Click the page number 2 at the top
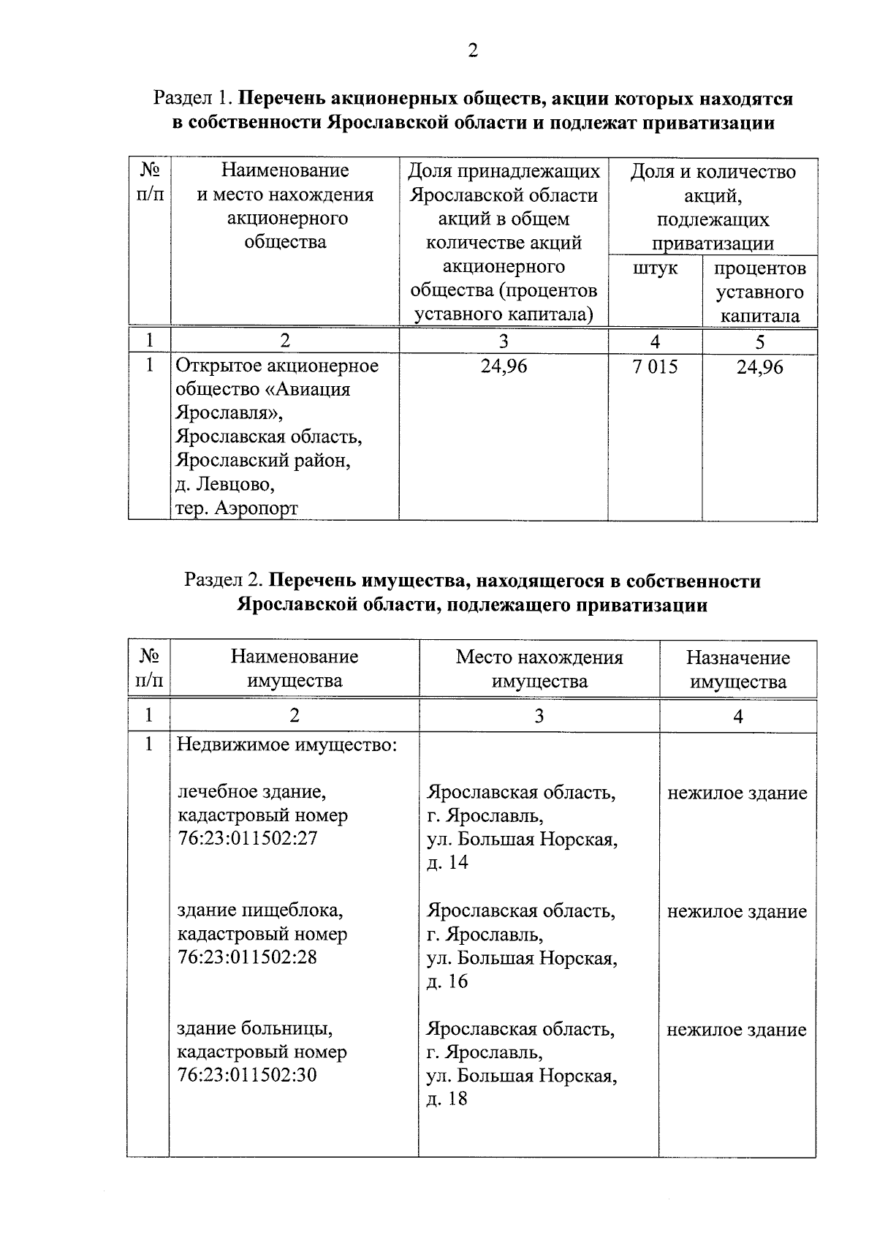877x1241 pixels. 473,50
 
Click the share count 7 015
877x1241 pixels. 655,366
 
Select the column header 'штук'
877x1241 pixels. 655,268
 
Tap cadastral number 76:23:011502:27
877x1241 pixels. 248,838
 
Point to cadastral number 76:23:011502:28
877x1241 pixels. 248,957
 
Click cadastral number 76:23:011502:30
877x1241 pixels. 248,1075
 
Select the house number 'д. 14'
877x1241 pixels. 447,862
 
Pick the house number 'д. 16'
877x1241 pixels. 447,981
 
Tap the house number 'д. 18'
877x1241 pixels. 447,1098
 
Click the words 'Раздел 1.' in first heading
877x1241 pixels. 193,98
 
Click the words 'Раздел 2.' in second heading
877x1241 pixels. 224,581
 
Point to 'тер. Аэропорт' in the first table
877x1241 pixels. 237,508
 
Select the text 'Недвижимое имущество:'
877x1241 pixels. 287,745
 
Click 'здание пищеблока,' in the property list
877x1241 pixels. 260,910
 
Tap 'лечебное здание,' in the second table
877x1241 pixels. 252,791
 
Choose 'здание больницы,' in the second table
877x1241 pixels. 256,1029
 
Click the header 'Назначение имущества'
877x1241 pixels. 737,669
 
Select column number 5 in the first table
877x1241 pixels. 759,342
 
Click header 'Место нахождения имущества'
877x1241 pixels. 539,669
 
